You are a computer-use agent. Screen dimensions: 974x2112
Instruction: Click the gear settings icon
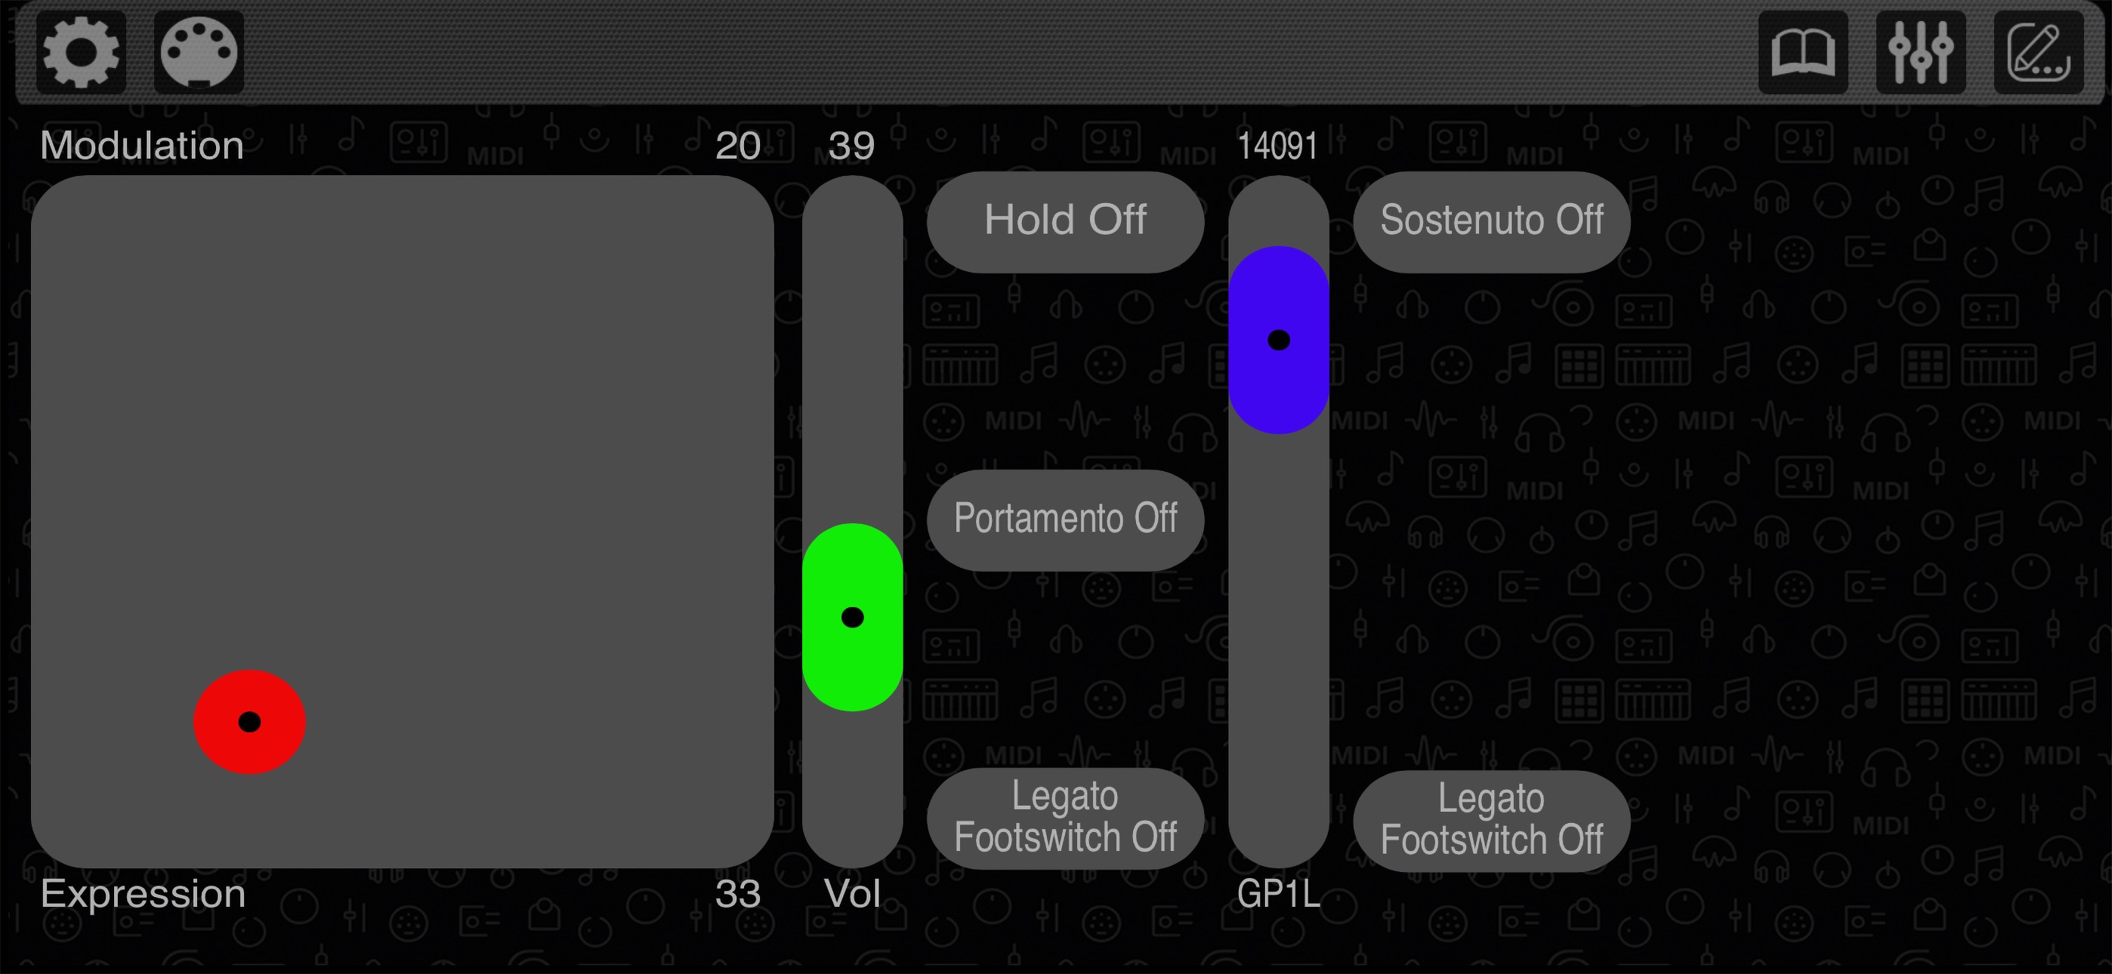[80, 52]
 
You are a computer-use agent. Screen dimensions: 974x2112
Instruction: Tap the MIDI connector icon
[199, 52]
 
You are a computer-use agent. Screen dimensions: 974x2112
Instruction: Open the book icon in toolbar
[1802, 52]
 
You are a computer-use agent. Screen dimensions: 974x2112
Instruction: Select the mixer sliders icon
[1920, 52]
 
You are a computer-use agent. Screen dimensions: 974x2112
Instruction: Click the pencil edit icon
[2038, 52]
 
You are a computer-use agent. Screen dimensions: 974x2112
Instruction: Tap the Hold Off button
[1065, 221]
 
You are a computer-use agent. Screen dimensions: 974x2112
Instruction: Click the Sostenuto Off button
[1490, 221]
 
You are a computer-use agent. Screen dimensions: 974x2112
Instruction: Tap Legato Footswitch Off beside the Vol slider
[1065, 818]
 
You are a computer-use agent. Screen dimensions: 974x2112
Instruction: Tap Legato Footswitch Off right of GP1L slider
[1490, 820]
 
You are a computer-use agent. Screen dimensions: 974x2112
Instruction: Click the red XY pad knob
[249, 722]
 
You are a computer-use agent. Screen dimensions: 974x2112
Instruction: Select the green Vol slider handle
[852, 617]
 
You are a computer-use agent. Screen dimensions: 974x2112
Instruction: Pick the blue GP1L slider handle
[1278, 340]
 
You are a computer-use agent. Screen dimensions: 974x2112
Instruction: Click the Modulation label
[142, 146]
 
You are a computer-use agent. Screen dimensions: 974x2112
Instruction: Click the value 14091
[1277, 146]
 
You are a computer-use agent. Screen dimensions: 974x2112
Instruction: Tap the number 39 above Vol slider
[851, 146]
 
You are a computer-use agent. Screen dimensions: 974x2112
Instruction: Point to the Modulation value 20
[737, 146]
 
